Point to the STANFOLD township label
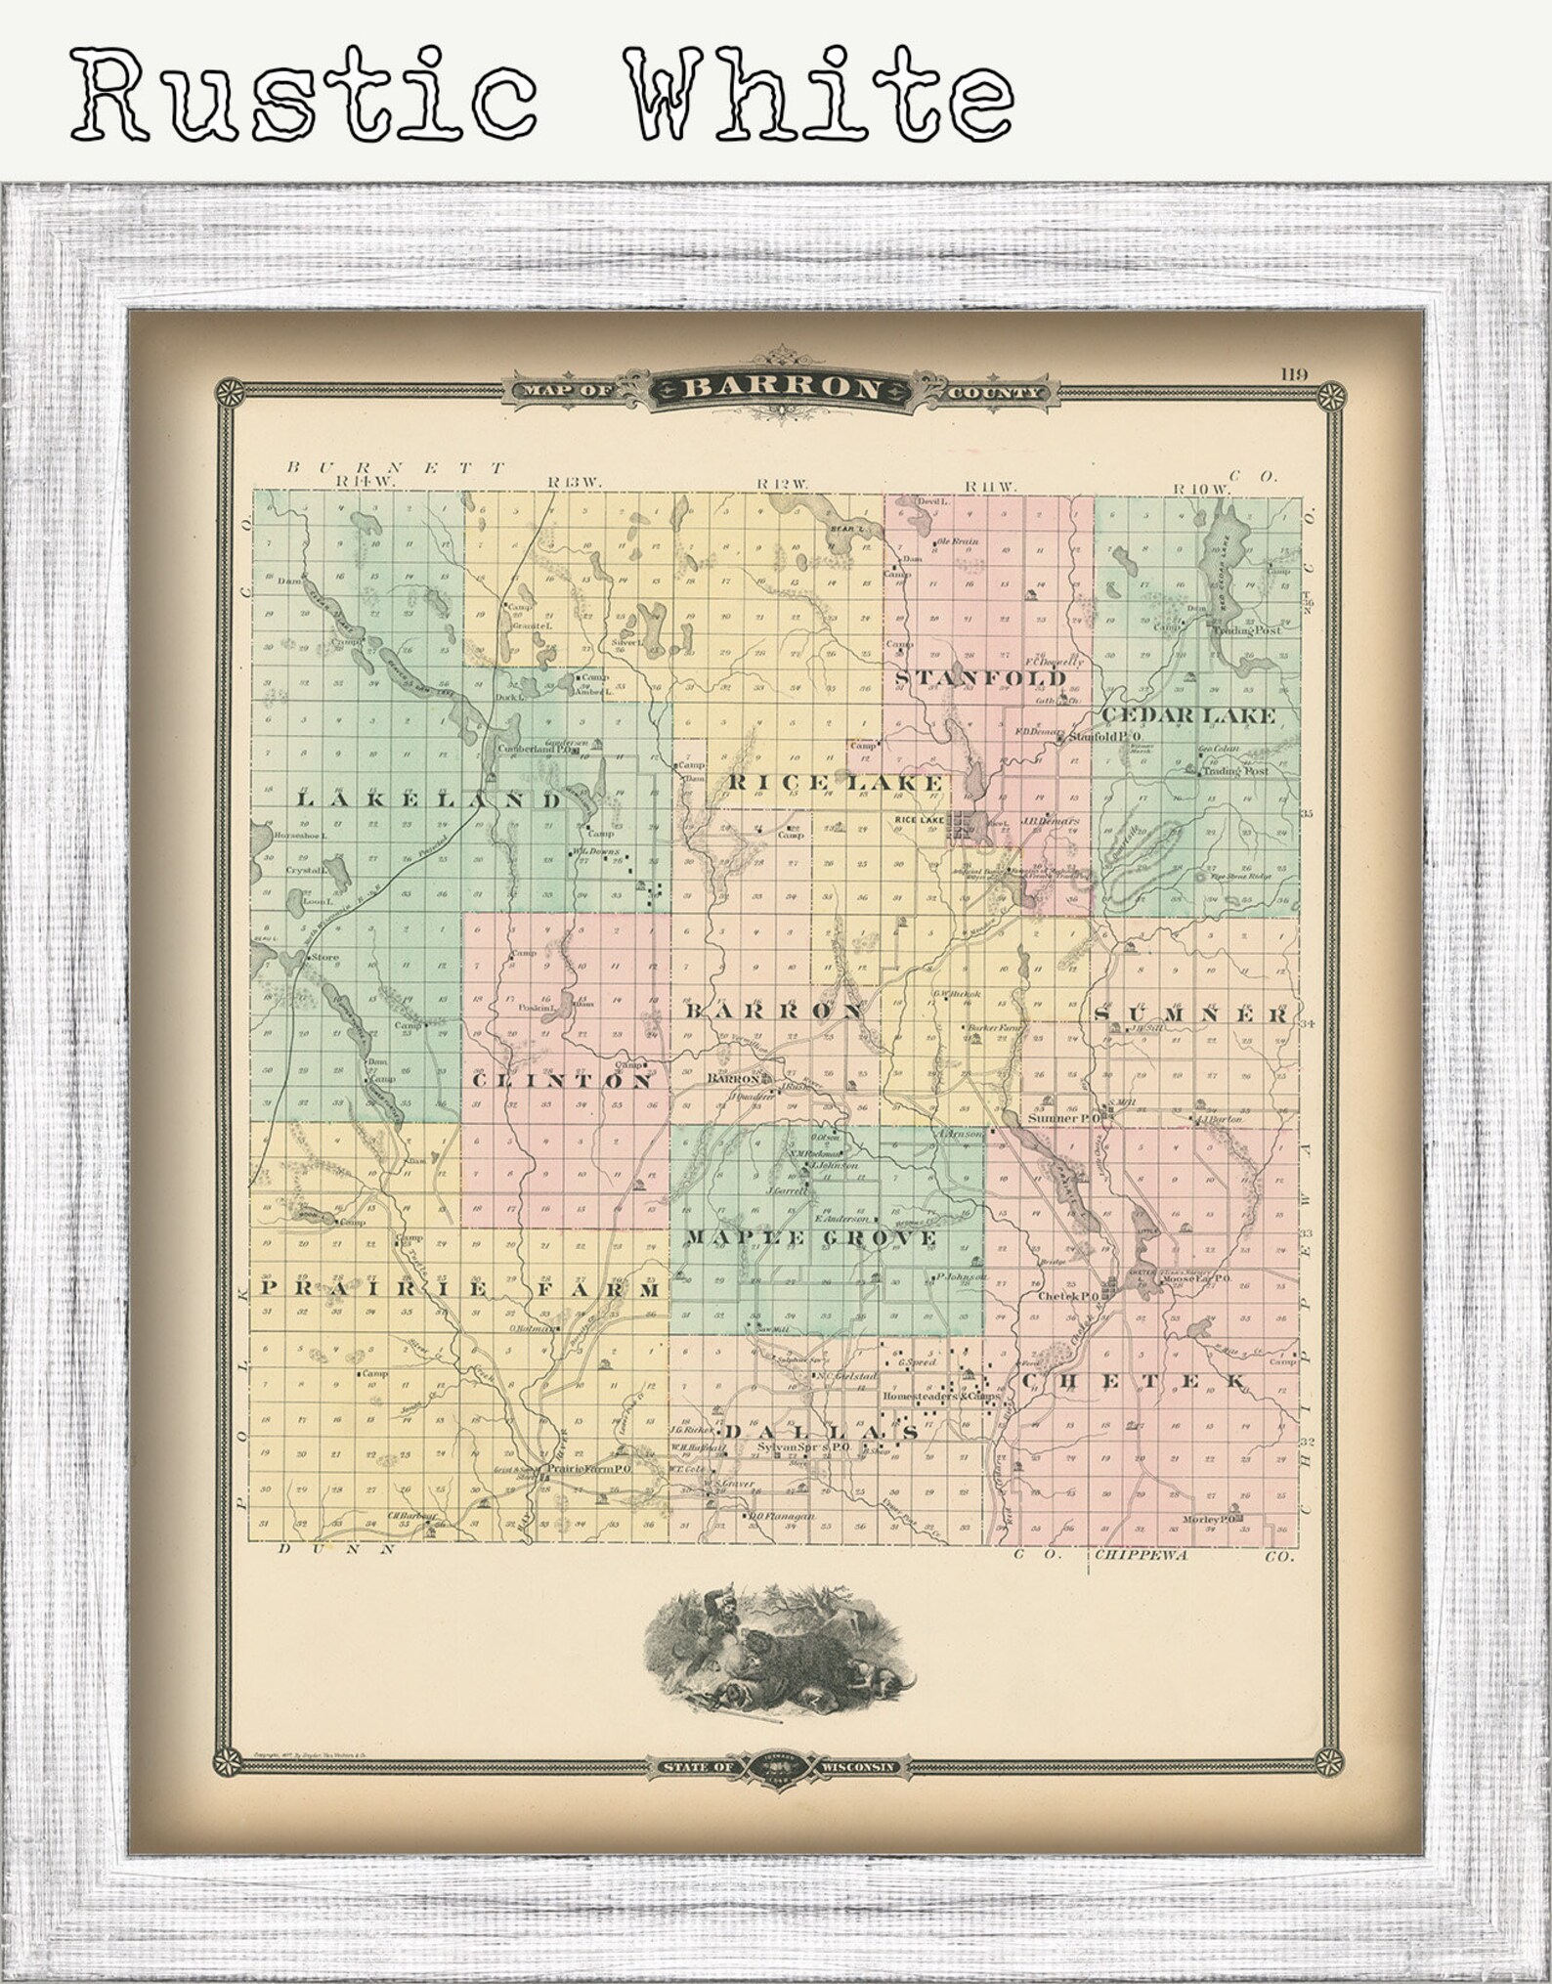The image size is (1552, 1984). pyautogui.click(x=979, y=678)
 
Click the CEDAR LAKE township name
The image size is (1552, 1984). pyautogui.click(x=1187, y=715)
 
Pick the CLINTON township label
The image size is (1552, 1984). pyautogui.click(x=562, y=1081)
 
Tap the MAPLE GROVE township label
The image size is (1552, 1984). pyautogui.click(x=810, y=1238)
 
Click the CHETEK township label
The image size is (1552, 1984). pyautogui.click(x=1133, y=1382)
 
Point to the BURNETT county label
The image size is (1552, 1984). pyautogui.click(x=397, y=467)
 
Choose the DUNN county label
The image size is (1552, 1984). pyautogui.click(x=335, y=1548)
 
